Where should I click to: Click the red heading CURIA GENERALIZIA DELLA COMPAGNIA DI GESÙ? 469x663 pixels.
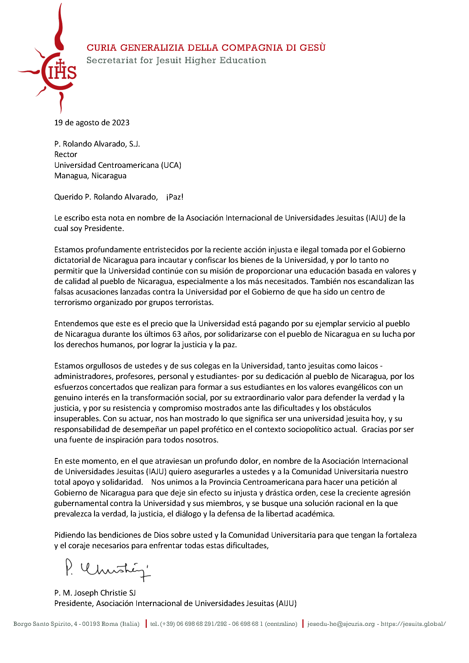click(x=206, y=48)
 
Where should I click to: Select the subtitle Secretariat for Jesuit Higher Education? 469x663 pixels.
click(x=176, y=60)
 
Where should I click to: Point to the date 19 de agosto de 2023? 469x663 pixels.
click(x=92, y=123)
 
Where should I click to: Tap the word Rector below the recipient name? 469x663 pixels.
click(x=65, y=154)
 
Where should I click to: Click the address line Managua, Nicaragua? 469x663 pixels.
click(x=90, y=176)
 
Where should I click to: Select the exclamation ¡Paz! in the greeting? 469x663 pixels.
click(x=175, y=197)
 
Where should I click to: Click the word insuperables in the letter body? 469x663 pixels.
click(x=77, y=419)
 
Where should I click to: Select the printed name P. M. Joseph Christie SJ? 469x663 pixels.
click(x=95, y=593)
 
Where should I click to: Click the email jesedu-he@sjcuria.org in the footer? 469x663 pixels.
click(x=341, y=624)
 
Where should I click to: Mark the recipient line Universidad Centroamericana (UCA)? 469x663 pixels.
click(x=118, y=165)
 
